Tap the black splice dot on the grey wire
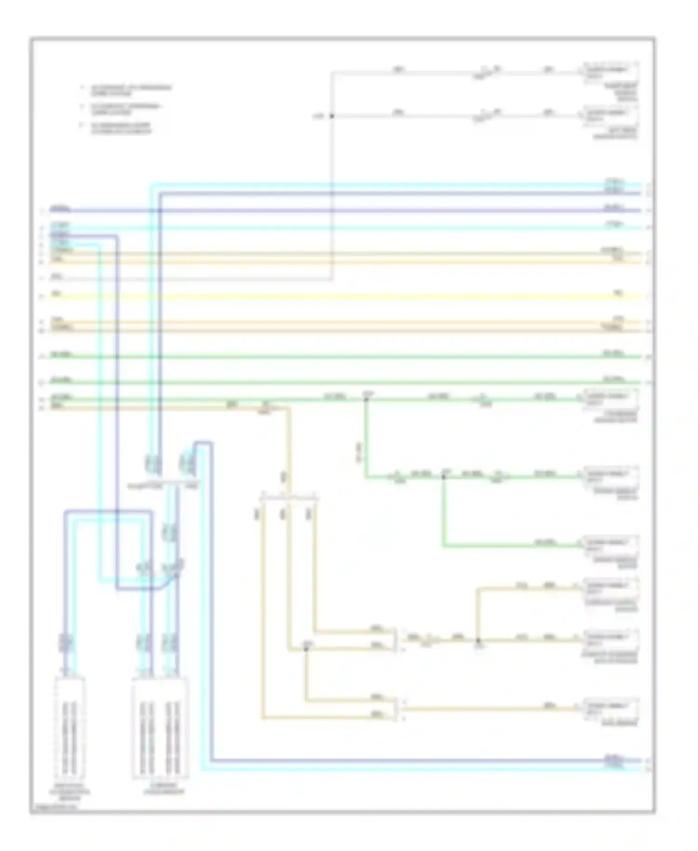(332, 115)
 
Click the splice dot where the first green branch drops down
(366, 399)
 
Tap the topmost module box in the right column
(611, 73)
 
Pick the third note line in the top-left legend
(121, 128)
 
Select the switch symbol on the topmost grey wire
(486, 72)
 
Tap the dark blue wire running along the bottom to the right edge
(419, 760)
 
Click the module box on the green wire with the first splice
(611, 399)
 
